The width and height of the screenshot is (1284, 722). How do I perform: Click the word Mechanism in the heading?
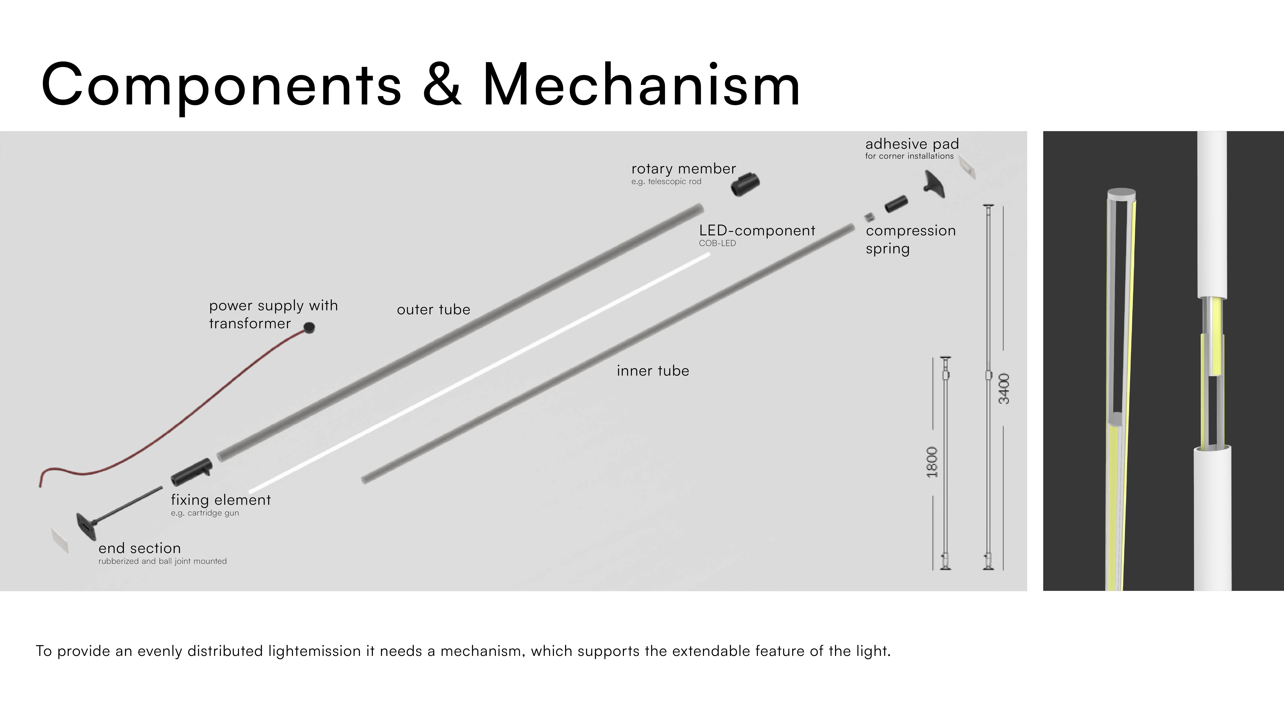642,85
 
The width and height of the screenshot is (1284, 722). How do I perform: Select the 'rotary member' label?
683,169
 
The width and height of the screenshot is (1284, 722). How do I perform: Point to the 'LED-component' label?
757,231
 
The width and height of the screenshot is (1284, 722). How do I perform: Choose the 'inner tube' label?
652,371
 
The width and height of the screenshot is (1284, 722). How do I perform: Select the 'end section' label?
140,548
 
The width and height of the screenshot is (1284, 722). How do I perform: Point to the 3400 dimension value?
1004,389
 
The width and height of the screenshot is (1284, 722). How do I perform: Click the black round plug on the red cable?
309,327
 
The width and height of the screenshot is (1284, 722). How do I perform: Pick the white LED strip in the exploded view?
478,374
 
